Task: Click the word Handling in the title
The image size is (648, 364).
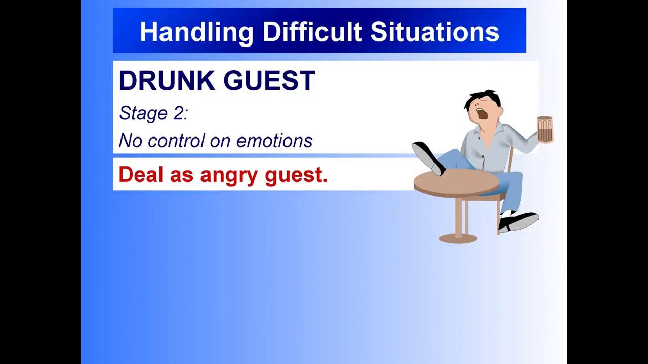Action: click(196, 32)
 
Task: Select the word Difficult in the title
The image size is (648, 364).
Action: click(312, 32)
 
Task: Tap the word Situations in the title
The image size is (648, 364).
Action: click(434, 32)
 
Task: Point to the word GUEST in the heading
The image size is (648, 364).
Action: click(269, 81)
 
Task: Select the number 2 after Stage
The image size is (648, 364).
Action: click(180, 113)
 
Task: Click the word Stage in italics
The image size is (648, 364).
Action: click(143, 113)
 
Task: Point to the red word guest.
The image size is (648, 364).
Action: click(296, 175)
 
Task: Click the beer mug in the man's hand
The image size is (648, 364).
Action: click(545, 129)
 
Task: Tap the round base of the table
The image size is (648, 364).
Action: click(458, 238)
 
